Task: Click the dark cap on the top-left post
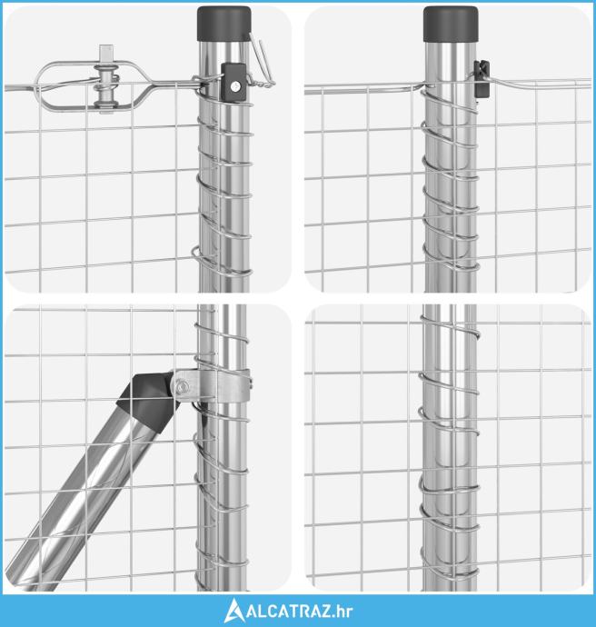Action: [x=223, y=24]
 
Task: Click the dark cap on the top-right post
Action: [x=451, y=24]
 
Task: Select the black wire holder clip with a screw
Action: [x=233, y=82]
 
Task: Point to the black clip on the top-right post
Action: [x=482, y=78]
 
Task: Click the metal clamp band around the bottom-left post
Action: [x=212, y=386]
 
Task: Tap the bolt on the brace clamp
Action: [x=182, y=387]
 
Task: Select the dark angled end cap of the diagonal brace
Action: [x=149, y=400]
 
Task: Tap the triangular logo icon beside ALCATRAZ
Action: [x=233, y=611]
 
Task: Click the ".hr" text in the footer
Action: [x=343, y=611]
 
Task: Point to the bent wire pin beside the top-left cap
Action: [x=262, y=60]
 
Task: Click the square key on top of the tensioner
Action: [x=106, y=53]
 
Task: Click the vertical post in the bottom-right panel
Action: [x=450, y=448]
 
